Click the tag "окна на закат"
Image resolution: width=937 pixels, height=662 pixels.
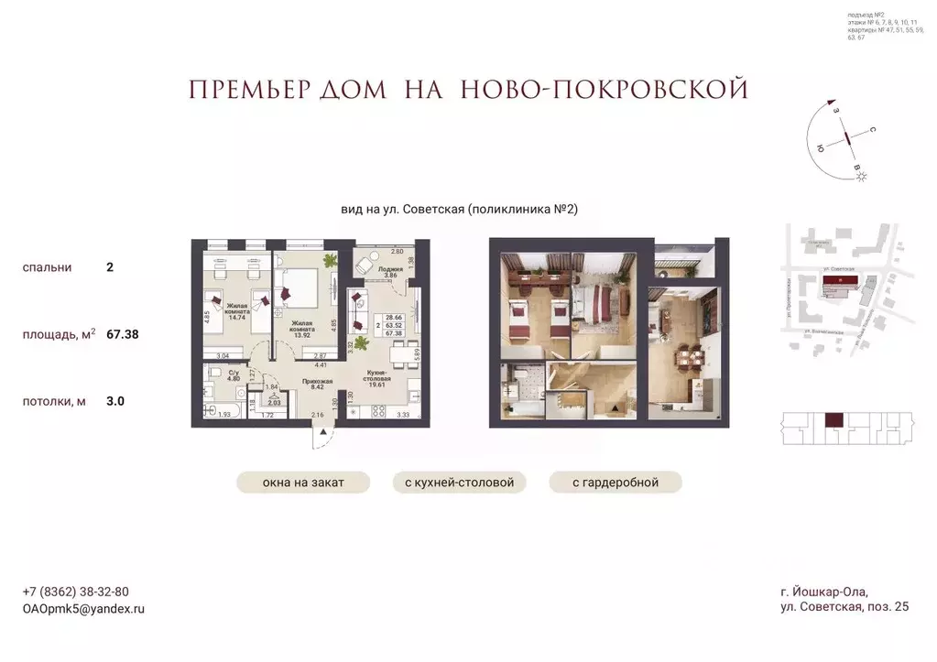point(302,483)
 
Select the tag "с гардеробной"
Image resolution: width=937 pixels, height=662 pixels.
point(616,483)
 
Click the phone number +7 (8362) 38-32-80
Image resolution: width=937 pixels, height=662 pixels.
point(75,591)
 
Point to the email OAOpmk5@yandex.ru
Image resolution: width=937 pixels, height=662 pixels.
point(83,608)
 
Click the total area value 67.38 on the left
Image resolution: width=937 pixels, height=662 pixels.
point(123,335)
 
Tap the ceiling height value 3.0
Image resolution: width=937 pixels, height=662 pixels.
point(114,401)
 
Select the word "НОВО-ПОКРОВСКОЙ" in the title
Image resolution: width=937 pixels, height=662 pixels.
point(605,90)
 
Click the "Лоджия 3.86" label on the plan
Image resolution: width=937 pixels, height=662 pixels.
point(390,272)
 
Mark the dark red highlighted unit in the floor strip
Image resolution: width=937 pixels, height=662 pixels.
point(833,422)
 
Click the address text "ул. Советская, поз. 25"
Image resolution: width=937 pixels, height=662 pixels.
point(844,608)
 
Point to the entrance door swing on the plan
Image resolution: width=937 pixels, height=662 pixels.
point(321,436)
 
